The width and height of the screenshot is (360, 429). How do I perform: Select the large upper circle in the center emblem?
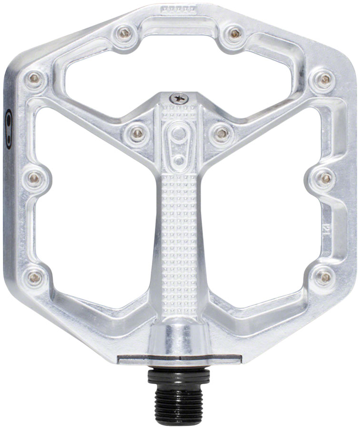coord(179,133)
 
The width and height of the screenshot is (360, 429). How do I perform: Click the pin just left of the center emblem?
coord(137,133)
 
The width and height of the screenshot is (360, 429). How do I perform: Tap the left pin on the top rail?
coord(124,33)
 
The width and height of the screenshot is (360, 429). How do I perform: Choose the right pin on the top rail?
coord(234,33)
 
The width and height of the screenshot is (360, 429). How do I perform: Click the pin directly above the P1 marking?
coord(326,178)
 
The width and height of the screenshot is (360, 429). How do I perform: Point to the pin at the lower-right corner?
coord(325,276)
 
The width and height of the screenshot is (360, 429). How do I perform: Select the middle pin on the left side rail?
coord(34,178)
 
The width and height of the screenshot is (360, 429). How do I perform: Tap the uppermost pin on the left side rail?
coord(34,79)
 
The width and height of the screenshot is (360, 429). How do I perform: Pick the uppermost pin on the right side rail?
coord(325,79)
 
